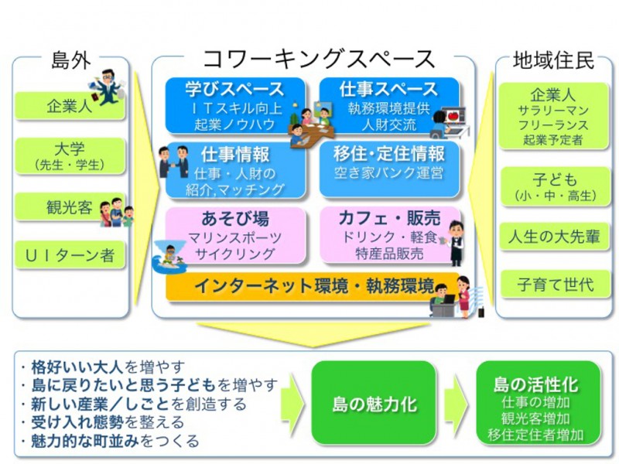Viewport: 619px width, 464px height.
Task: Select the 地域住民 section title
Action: coord(553,60)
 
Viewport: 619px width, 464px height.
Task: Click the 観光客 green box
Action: coord(69,206)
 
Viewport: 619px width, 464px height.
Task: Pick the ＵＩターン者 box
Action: coord(69,254)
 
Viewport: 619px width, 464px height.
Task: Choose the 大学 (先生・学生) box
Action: coord(69,155)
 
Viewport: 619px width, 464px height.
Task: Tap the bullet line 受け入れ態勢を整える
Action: coord(104,422)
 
